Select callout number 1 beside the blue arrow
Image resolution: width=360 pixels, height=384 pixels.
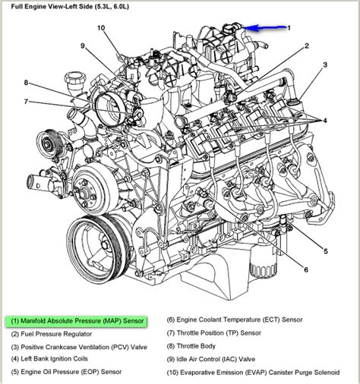pyautogui.click(x=288, y=27)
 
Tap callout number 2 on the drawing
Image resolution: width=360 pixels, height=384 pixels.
pyautogui.click(x=306, y=46)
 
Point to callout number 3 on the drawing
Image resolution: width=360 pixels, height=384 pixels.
pyautogui.click(x=325, y=65)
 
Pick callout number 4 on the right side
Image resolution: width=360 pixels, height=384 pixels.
pyautogui.click(x=325, y=121)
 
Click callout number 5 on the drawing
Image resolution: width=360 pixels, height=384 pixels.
pyautogui.click(x=326, y=251)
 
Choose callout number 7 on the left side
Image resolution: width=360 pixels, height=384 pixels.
pyautogui.click(x=25, y=102)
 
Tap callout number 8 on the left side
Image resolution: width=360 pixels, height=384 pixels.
pyautogui.click(x=25, y=83)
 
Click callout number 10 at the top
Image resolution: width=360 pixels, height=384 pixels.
pyautogui.click(x=101, y=28)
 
